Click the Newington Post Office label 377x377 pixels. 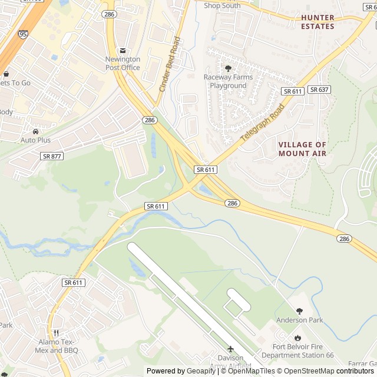coord(123,63)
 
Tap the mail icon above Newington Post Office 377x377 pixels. coord(123,51)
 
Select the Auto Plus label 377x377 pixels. coord(35,140)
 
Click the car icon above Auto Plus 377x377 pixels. coord(36,131)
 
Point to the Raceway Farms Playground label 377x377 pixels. coord(228,81)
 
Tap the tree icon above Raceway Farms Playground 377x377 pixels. coord(228,68)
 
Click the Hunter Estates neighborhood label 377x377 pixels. coord(318,22)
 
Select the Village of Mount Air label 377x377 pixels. coord(302,149)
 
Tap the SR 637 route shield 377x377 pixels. coord(319,90)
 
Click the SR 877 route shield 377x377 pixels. coord(52,156)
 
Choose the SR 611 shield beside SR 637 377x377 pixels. coord(293,91)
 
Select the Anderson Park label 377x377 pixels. coord(300,320)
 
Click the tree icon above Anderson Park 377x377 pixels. coord(300,310)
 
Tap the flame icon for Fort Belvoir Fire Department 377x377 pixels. coord(297,338)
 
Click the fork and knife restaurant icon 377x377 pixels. coord(56,333)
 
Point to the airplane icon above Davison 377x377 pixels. coord(230,349)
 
